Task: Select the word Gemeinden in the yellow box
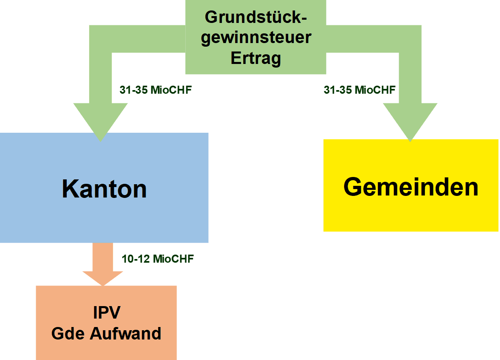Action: (x=411, y=187)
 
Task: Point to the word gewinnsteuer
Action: (x=256, y=38)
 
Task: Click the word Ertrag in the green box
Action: (x=256, y=58)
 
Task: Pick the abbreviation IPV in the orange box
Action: (x=107, y=313)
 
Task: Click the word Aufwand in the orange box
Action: (x=125, y=333)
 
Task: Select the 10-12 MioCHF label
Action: (x=158, y=259)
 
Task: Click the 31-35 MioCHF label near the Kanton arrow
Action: (x=156, y=90)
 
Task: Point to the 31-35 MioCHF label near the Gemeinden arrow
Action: (x=359, y=90)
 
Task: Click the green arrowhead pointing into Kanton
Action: (x=100, y=121)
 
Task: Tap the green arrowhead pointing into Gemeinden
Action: (x=410, y=121)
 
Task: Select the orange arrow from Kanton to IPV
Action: (x=103, y=263)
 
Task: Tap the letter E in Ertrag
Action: (x=235, y=58)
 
